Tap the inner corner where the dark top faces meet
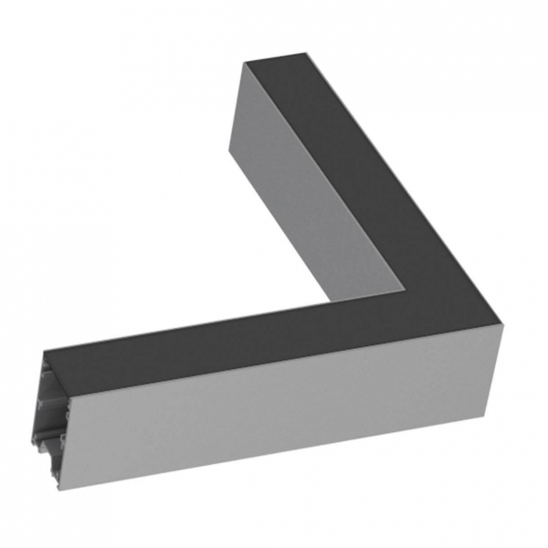point(405,292)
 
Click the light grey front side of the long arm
point(274,402)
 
